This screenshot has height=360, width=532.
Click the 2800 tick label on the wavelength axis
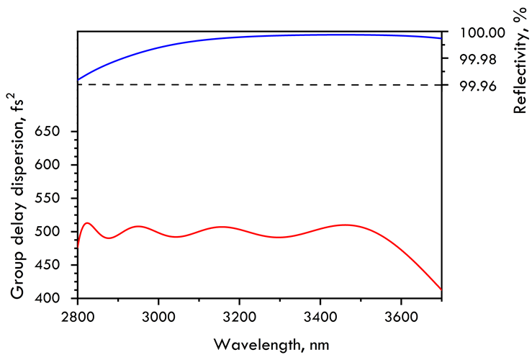click(78, 315)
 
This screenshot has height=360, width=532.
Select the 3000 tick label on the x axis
click(158, 315)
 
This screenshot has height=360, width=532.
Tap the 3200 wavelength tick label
click(239, 315)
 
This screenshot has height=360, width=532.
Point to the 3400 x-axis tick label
click(320, 315)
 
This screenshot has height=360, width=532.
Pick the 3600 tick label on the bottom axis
click(400, 315)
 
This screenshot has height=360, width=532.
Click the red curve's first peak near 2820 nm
click(87, 223)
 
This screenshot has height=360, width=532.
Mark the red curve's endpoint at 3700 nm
click(441, 289)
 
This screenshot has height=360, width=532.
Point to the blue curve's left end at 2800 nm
click(78, 79)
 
